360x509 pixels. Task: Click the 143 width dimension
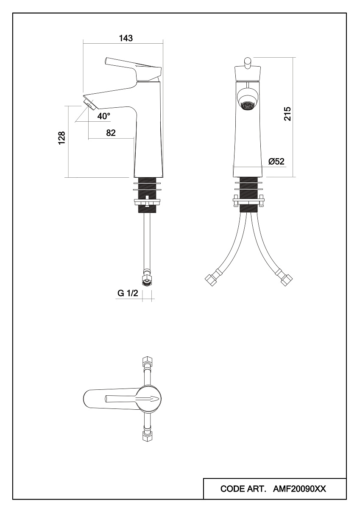[126, 38]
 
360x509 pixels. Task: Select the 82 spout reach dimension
[111, 133]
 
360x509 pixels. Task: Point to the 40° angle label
[104, 116]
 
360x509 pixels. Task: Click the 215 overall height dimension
[287, 114]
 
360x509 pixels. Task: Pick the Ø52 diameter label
[276, 161]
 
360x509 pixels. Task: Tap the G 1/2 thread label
[128, 293]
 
